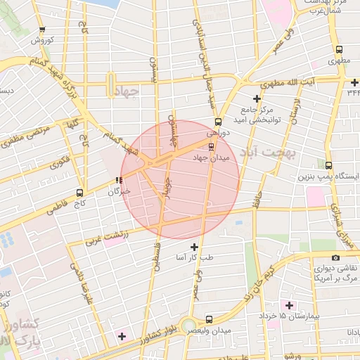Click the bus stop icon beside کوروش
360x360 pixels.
click(x=43, y=30)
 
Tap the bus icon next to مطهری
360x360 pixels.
click(x=340, y=50)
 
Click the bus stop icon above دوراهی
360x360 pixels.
click(x=218, y=121)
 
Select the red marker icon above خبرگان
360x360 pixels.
click(x=118, y=181)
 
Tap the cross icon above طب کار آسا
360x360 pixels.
click(x=195, y=247)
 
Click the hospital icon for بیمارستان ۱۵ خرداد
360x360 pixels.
click(x=289, y=305)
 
